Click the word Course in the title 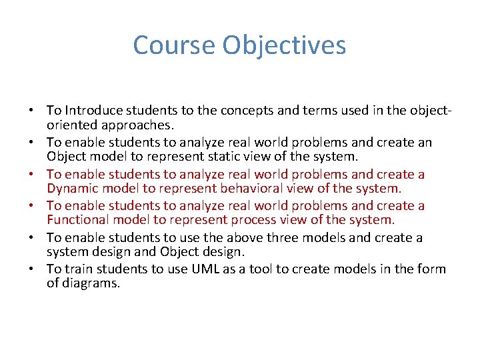(x=175, y=45)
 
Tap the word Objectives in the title (x=285, y=45)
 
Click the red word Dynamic (x=73, y=189)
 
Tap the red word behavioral (x=255, y=189)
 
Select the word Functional (x=79, y=220)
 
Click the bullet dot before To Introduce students (x=31, y=111)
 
